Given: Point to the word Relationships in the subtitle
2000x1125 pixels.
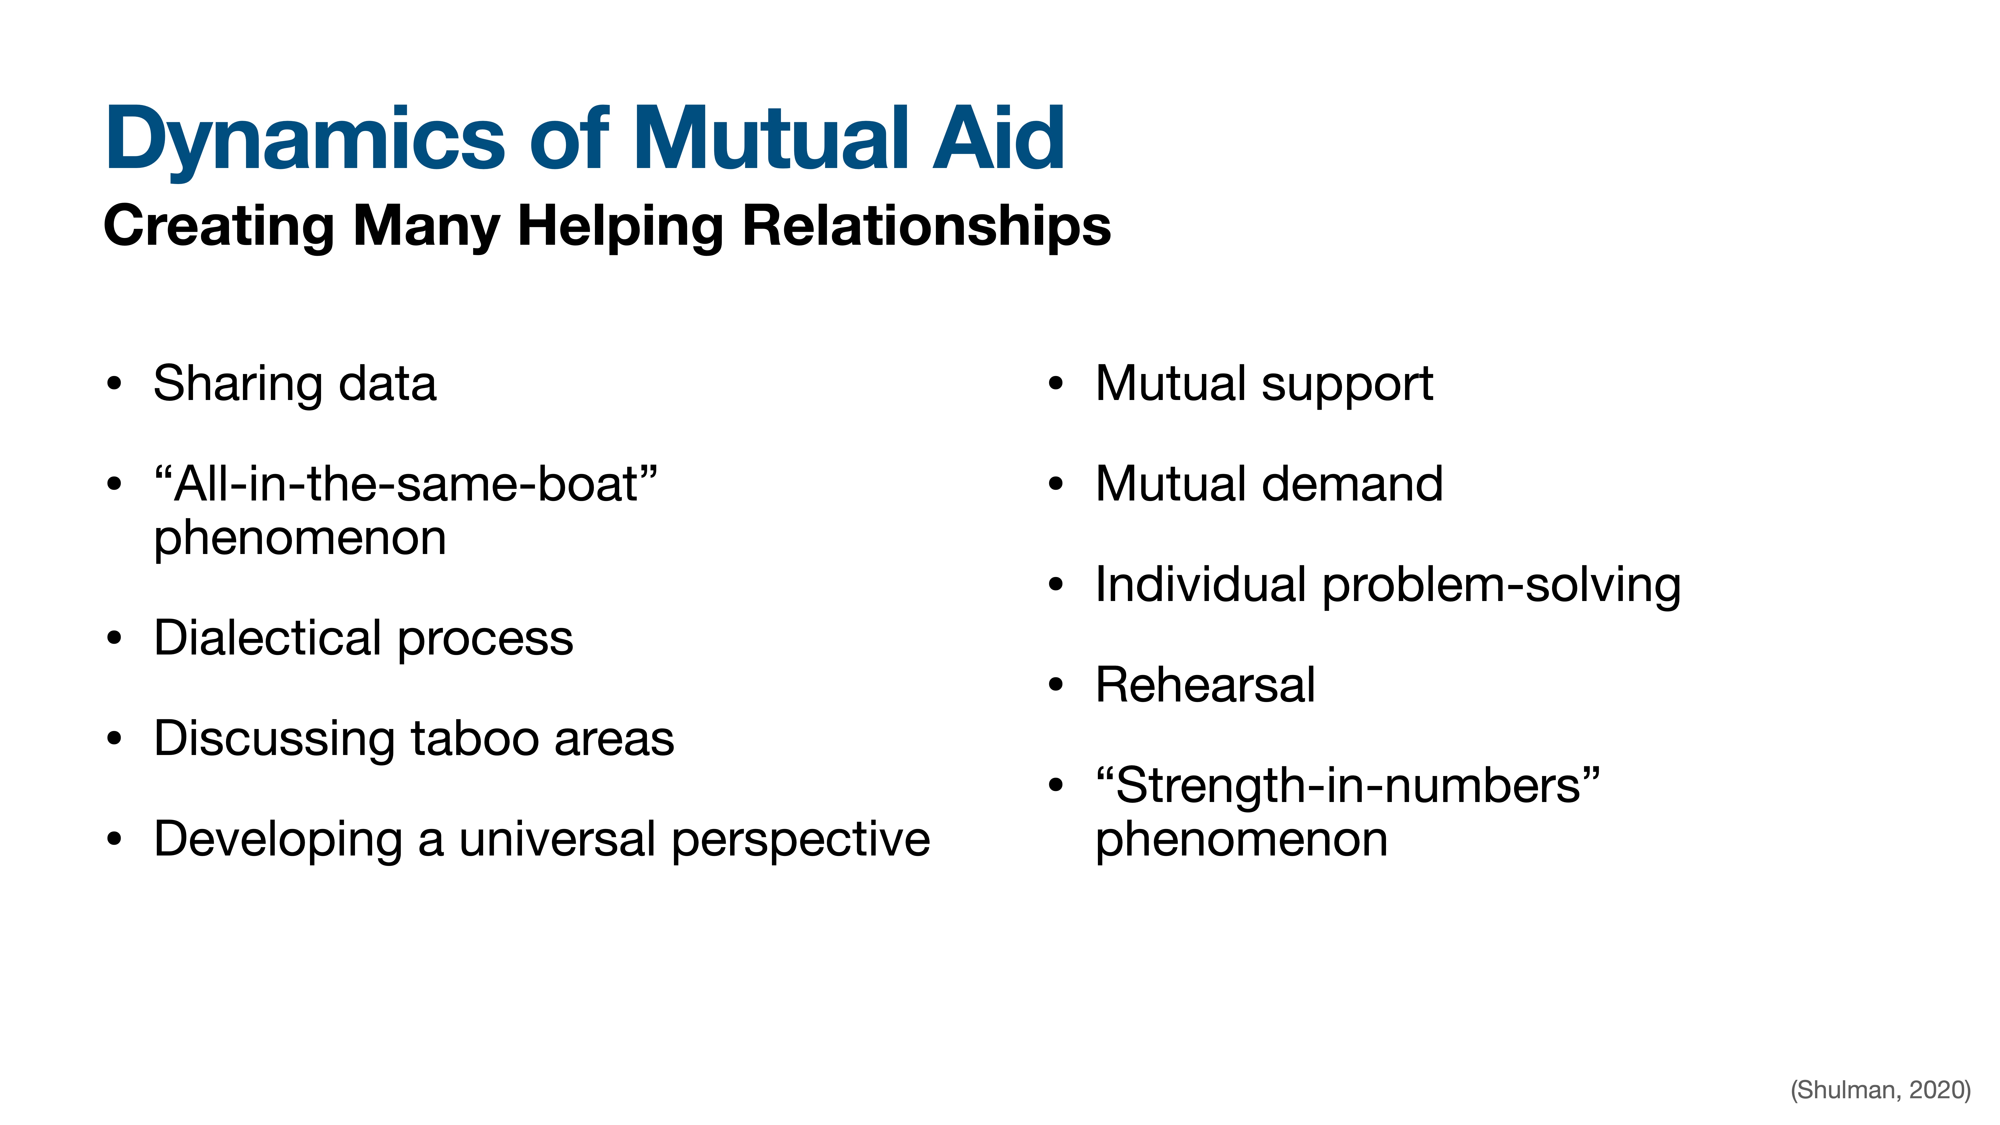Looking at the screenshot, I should [926, 227].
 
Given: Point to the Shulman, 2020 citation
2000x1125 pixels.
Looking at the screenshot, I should [1881, 1090].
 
